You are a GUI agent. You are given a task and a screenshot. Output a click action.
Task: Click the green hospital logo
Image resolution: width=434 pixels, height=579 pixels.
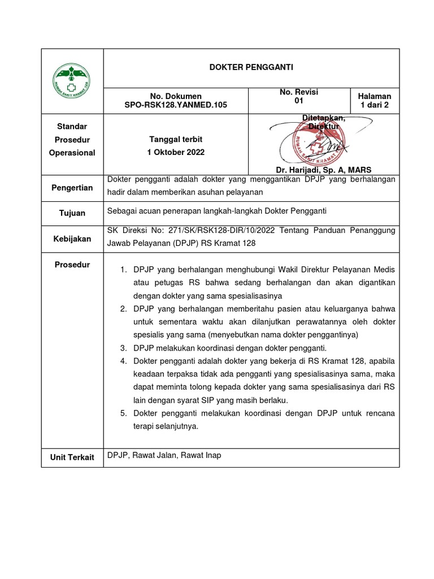tap(72, 80)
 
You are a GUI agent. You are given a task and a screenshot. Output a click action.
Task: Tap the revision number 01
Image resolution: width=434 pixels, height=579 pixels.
tap(299, 101)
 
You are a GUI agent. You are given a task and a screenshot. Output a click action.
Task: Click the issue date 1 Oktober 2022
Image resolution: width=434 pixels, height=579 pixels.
tap(176, 153)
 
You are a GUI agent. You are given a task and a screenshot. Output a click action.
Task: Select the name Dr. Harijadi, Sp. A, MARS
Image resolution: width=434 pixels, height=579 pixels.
tap(323, 170)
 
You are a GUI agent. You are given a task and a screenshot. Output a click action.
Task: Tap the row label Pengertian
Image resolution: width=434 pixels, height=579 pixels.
tap(72, 188)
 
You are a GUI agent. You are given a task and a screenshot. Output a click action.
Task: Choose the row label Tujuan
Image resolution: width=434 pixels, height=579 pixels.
tap(72, 213)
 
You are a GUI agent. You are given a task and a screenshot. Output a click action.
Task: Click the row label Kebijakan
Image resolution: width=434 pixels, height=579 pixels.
tap(72, 239)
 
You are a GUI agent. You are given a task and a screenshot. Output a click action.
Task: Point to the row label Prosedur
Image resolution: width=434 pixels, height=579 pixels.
tap(72, 265)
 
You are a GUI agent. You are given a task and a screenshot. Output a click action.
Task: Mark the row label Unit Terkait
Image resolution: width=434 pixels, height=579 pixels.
tap(72, 457)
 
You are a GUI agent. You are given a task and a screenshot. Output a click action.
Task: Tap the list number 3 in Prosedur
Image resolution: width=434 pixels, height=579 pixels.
tap(123, 347)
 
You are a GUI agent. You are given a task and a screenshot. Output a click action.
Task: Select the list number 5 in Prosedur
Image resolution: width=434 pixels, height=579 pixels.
tap(123, 413)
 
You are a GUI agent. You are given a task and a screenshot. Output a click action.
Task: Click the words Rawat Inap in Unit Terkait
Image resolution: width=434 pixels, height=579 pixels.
tap(201, 455)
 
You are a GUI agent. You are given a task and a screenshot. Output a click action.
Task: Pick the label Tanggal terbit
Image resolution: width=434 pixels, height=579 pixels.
tap(176, 139)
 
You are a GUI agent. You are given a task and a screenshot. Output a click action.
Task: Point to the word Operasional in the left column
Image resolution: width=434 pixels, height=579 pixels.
tap(72, 153)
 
